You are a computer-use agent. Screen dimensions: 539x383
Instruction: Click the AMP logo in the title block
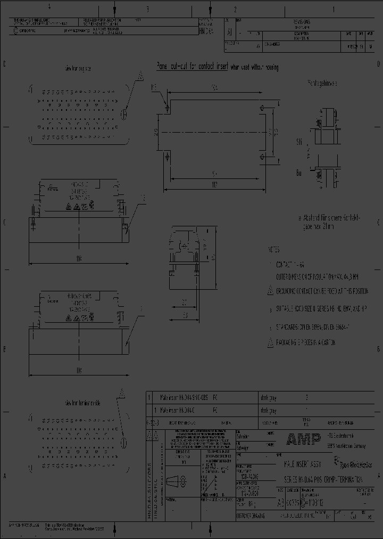(303, 439)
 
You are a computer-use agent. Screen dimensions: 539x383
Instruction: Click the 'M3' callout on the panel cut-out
(154, 87)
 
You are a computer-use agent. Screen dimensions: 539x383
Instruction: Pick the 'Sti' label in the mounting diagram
(299, 142)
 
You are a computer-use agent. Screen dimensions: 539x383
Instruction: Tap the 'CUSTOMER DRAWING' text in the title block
(254, 517)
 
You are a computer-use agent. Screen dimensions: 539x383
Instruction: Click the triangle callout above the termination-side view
(122, 394)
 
